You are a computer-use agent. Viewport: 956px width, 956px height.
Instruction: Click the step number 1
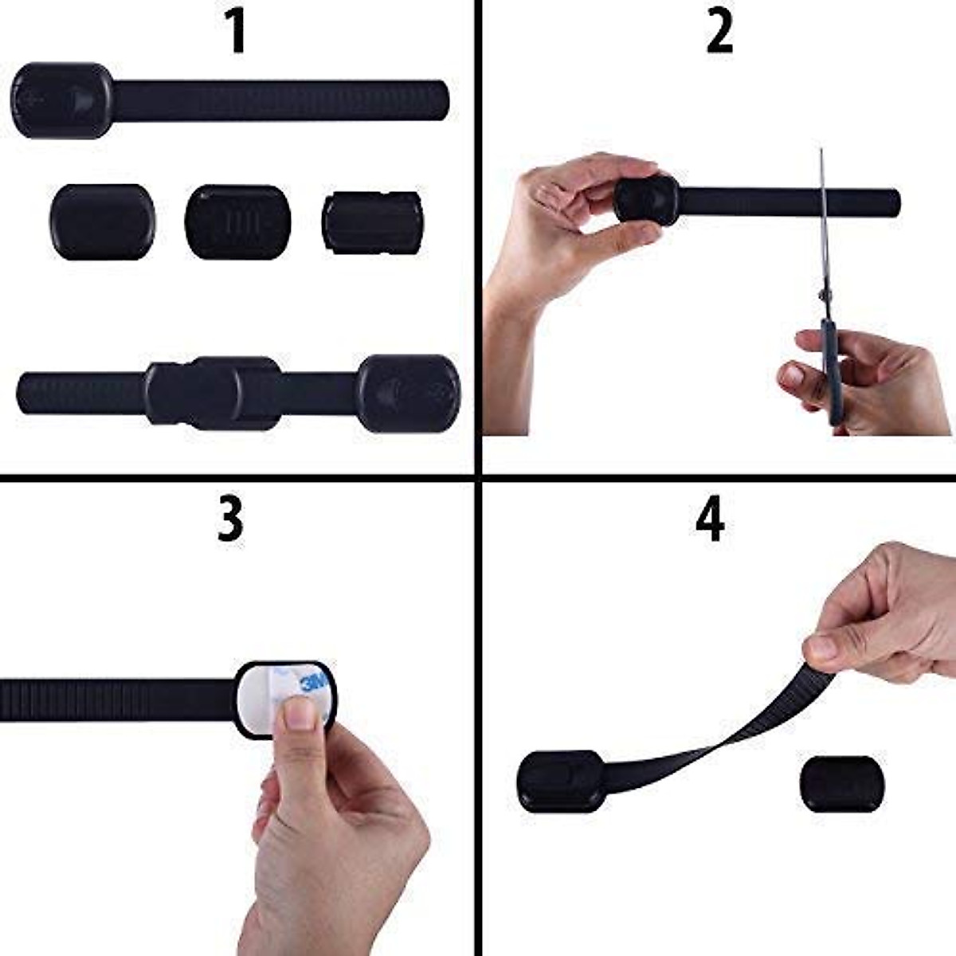click(236, 33)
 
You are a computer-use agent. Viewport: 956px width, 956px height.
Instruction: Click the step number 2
click(719, 33)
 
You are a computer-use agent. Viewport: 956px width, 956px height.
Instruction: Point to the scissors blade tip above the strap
click(821, 156)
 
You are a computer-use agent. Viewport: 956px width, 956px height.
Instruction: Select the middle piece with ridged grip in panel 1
click(237, 221)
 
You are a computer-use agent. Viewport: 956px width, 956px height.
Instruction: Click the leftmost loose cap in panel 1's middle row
click(102, 221)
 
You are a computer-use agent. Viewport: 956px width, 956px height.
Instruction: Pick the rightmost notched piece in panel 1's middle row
click(372, 222)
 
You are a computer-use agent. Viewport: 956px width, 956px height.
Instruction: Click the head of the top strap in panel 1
click(62, 100)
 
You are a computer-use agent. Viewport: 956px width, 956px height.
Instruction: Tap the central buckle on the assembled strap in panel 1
click(214, 393)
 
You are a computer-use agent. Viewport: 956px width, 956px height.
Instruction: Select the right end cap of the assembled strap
click(409, 394)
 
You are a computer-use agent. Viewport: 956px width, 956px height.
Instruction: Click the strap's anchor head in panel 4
click(562, 781)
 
